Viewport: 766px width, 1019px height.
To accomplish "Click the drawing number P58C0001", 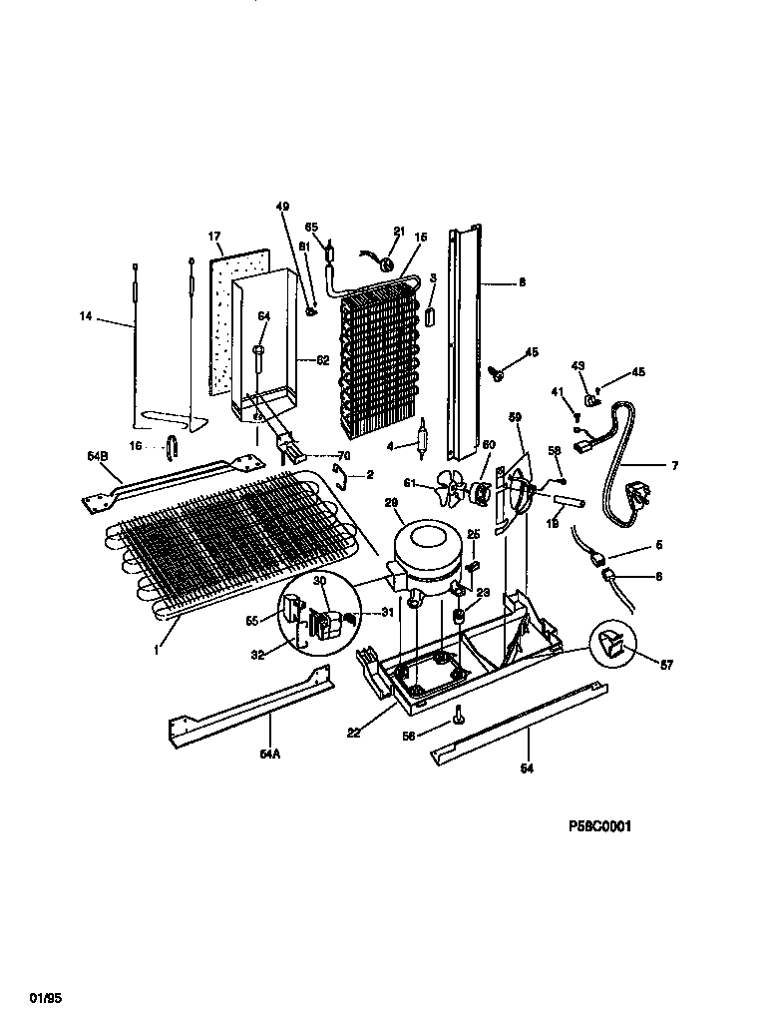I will click(x=599, y=826).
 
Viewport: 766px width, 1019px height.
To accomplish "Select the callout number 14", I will click(x=87, y=317).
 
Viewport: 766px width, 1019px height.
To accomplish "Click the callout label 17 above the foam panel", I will click(x=213, y=238).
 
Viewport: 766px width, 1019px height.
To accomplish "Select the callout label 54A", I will click(x=270, y=754).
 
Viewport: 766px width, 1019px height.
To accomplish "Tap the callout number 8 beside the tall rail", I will click(x=521, y=283).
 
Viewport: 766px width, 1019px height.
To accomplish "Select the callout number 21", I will click(x=399, y=231).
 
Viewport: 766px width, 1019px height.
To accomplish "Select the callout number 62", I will click(x=322, y=361).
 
